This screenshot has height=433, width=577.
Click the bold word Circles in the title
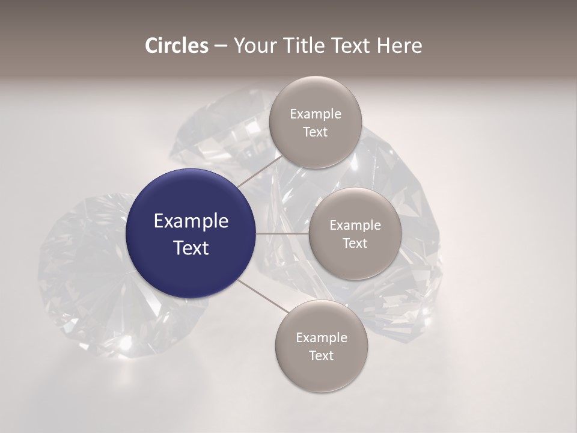click(177, 46)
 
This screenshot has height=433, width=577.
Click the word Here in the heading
click(399, 46)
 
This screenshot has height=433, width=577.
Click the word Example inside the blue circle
click(191, 221)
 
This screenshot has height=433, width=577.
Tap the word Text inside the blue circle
click(191, 248)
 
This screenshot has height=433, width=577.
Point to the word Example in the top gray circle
click(315, 114)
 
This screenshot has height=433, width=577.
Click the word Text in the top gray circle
click(315, 132)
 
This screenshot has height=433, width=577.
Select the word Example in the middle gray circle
click(355, 226)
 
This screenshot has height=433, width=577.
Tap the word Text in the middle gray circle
click(355, 244)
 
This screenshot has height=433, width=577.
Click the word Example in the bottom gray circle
click(321, 338)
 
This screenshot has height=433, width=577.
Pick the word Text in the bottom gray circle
click(321, 356)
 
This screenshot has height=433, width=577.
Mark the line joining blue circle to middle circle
click(282, 233)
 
